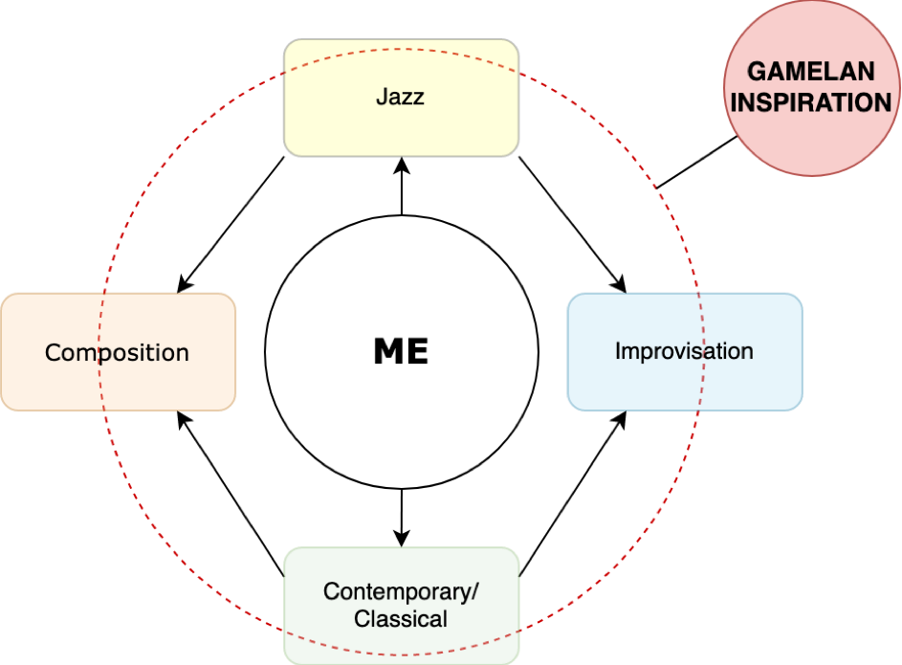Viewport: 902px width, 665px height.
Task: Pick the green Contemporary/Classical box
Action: coord(401,573)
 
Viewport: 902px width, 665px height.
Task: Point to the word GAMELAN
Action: coord(811,72)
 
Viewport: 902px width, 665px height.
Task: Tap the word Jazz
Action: coord(400,97)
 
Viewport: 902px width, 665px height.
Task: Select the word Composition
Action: coord(118,352)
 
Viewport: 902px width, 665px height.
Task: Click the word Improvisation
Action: coord(684,350)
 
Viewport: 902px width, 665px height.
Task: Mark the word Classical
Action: coord(401,618)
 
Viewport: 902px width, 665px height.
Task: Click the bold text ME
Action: coord(401,352)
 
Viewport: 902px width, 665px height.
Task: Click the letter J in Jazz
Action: coord(381,97)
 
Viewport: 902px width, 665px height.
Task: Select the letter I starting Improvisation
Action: coord(617,350)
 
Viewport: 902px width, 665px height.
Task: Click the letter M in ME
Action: coord(388,352)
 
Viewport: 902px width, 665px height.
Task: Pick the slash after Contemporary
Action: coord(474,590)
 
